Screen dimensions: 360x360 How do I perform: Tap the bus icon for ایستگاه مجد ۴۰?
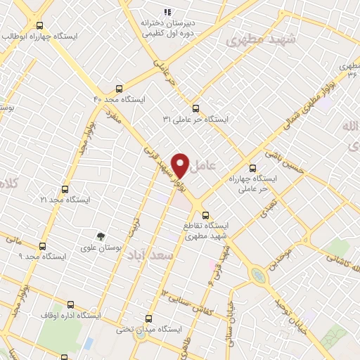pos(118,89)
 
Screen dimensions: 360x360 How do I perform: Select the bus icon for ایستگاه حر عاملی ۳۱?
pos(196,108)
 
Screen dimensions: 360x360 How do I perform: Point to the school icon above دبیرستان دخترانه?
pos(167,12)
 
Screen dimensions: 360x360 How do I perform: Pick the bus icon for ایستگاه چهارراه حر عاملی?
pos(253,168)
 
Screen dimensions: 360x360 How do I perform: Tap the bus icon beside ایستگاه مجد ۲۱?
pos(65,189)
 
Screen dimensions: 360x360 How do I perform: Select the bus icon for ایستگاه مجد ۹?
pos(42,246)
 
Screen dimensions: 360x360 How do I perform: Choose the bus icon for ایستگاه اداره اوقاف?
pos(70,304)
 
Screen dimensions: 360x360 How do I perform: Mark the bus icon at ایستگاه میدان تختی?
pos(148,318)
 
